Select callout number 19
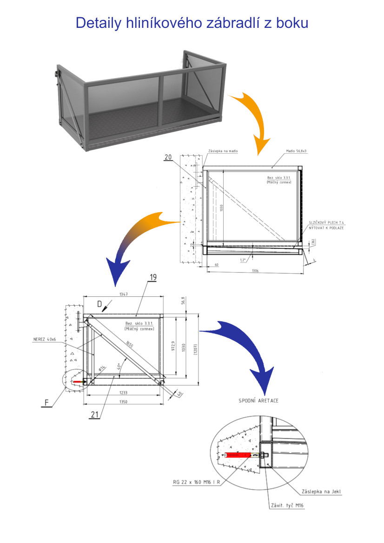pos(153,277)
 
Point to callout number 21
pos(94,414)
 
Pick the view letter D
pos(99,304)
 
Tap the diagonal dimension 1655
pos(132,345)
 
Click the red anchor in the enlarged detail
pos(239,455)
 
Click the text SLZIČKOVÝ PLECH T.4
pos(327,223)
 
